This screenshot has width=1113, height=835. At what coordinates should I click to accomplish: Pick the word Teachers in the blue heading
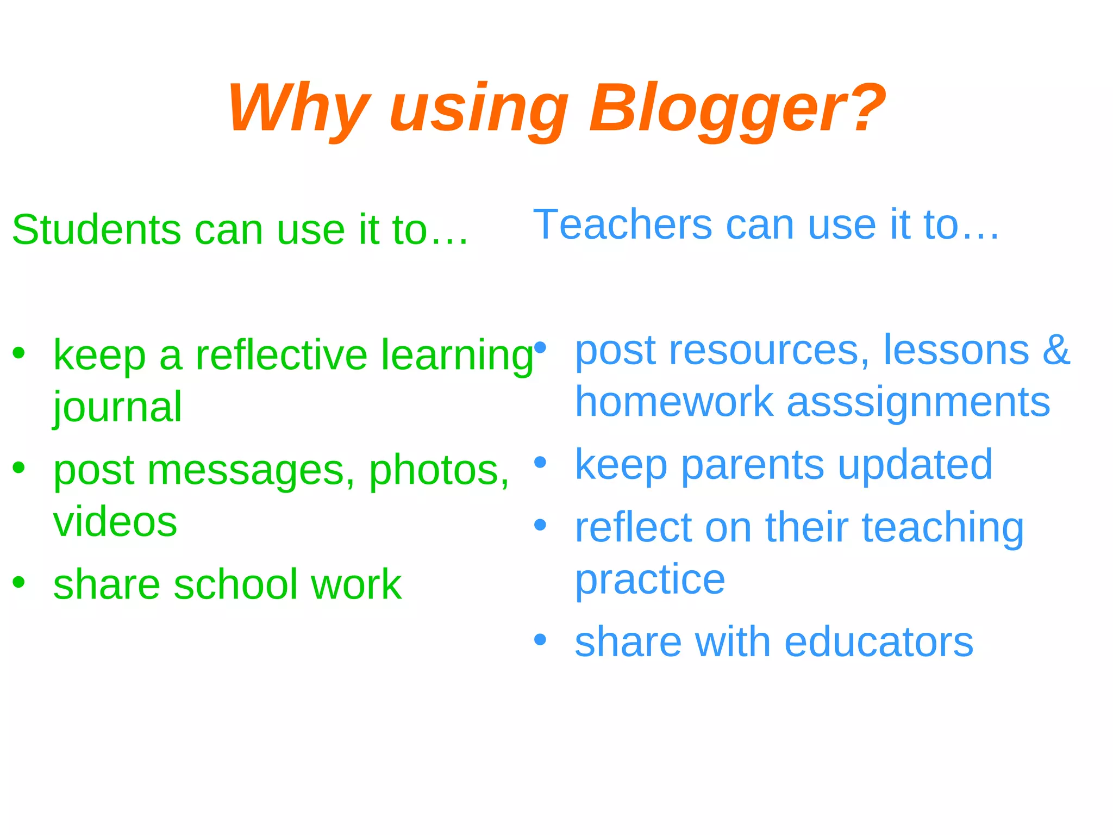pos(622,224)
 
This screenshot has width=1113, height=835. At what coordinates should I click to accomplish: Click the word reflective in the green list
pos(282,355)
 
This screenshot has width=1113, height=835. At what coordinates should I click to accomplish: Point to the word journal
pos(117,408)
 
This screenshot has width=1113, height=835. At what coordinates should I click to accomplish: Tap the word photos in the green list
pos(439,470)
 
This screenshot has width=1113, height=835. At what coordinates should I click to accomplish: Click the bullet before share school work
pos(19,582)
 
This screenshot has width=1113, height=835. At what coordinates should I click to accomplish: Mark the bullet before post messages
pos(19,468)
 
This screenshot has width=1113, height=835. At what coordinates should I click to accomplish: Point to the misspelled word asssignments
pos(918,403)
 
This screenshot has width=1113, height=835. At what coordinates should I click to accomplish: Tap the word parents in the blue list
pos(752,465)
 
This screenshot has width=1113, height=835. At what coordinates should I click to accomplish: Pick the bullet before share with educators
pos(540,640)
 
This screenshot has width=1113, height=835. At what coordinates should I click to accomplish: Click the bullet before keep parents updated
pos(540,463)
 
